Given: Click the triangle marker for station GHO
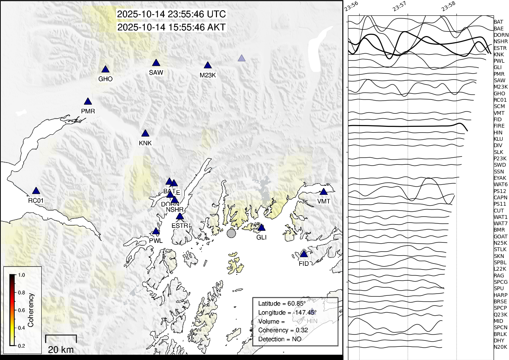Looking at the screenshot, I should point(105,69).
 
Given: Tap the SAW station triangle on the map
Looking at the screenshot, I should point(156,63).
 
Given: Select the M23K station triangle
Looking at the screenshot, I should point(208,66).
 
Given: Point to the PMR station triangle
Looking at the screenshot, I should point(88,102).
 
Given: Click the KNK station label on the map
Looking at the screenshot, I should point(145,143).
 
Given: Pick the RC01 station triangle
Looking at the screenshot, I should point(36,191).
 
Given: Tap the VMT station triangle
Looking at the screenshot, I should point(324,192).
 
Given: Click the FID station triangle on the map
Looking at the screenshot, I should point(304,254).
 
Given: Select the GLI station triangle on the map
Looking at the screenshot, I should point(261,228).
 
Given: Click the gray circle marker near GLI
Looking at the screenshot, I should point(231,233).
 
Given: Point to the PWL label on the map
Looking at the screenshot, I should point(156,241).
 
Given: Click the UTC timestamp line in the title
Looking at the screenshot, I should point(172,14).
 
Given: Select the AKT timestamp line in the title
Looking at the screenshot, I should point(172,27).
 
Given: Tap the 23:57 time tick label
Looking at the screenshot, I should point(399,6).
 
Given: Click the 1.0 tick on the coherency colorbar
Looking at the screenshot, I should point(21,275).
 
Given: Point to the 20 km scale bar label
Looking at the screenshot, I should point(61,350).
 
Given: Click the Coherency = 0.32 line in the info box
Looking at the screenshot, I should point(283,330).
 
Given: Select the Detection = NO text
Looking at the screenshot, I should point(280,339).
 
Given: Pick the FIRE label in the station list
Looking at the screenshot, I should point(499,126).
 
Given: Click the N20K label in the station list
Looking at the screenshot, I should point(500,347).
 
